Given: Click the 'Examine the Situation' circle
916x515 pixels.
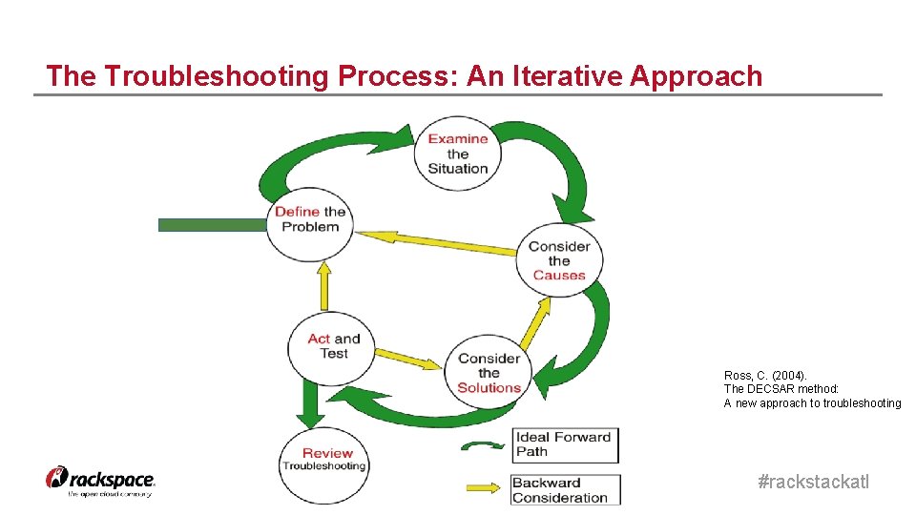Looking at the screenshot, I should [458, 154].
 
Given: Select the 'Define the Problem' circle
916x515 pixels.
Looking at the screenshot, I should [309, 220].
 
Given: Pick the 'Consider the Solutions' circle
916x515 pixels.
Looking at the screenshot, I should [489, 373].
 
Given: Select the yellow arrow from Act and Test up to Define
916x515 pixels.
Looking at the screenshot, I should [324, 285].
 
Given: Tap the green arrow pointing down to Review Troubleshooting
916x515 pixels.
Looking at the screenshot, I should [308, 405].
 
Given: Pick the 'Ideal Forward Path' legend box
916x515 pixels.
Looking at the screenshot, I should [565, 444].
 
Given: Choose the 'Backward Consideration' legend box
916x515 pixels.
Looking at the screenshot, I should [565, 489].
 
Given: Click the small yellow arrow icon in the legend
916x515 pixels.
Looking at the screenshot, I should [486, 489].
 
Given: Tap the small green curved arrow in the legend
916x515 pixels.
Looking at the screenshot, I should [484, 445].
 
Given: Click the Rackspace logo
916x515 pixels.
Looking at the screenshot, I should [100, 481].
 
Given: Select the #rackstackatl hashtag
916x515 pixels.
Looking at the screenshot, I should [813, 483].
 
